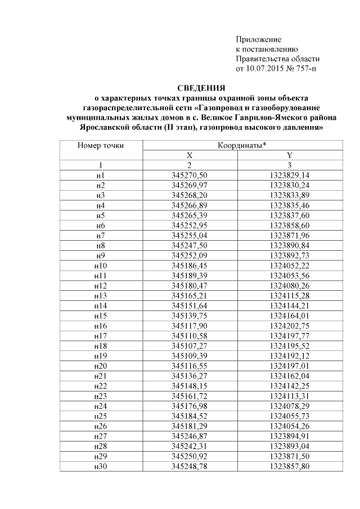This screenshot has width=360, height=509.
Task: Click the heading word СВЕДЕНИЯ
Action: [201, 88]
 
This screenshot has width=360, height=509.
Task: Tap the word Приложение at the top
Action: [258, 39]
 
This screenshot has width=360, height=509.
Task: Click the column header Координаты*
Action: [242, 146]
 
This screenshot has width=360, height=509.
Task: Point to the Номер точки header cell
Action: [101, 146]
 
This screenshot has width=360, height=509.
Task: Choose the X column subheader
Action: [189, 155]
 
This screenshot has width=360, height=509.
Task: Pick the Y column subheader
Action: [289, 155]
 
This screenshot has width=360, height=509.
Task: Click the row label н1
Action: [101, 175]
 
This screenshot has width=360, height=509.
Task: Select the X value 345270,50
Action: [190, 175]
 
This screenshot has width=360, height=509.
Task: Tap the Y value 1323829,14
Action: [290, 175]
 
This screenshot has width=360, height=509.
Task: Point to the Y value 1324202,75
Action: [290, 325]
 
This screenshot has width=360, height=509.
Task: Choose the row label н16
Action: [101, 325]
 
